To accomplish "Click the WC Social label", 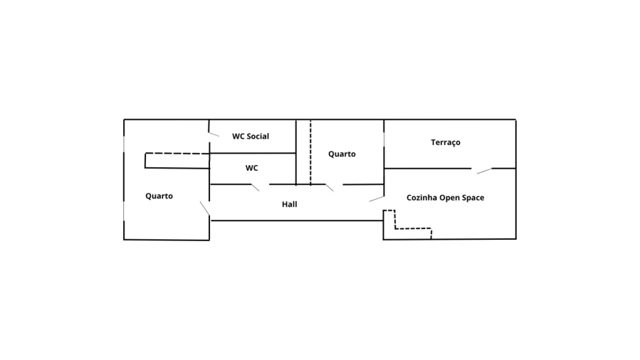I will pos(251,136).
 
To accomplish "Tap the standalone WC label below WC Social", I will pos(252,169).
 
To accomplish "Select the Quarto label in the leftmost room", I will pos(159,196).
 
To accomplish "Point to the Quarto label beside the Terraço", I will pos(342,154).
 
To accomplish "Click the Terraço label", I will pos(446,142).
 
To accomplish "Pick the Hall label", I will pos(289,204).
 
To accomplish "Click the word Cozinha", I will pos(421,198).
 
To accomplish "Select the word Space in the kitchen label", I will pos(474,198).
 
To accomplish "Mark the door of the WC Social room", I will pos(214,134).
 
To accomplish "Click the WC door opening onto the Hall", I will pos(256,187).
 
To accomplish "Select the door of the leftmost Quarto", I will pos(204,208).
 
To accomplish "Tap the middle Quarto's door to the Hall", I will pos(330,188).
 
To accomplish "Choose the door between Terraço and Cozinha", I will pos(483,171).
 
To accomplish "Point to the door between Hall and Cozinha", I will pos(377,198).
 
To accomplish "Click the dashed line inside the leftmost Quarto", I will pos(178,154).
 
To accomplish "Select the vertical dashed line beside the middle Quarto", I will pos(310,152).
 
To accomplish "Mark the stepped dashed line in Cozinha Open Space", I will pos(412,228).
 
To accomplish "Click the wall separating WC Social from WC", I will pos(252,153).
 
